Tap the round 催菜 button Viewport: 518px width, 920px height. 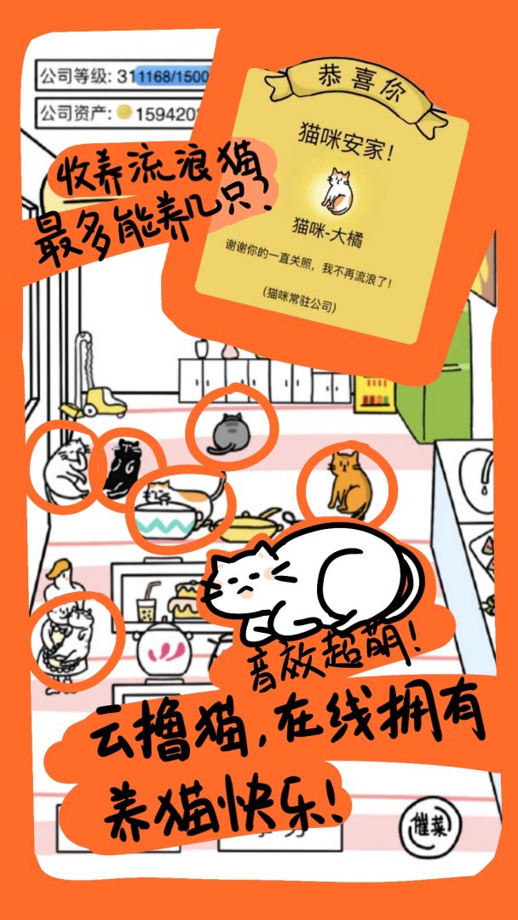(x=429, y=823)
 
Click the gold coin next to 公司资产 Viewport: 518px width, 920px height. (x=124, y=112)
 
